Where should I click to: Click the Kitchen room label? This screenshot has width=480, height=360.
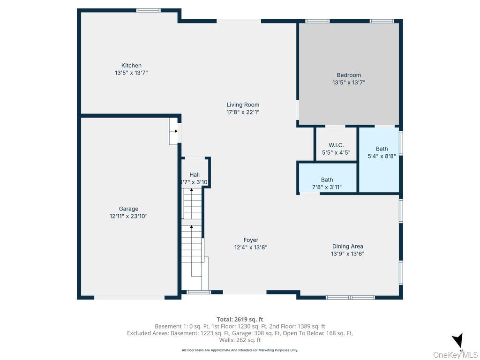tap(131, 66)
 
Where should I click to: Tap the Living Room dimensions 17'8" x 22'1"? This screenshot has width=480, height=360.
tap(243, 112)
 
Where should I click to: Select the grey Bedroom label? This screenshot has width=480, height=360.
tap(349, 75)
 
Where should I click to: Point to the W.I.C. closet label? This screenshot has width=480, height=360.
tap(336, 145)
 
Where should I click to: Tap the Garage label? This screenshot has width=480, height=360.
tap(128, 209)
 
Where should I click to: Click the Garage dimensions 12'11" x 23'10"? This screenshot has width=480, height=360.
tap(128, 216)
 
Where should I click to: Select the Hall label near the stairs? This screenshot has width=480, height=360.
tap(195, 175)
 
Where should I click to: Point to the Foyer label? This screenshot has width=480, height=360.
tap(251, 240)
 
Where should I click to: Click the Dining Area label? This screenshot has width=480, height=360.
tap(348, 247)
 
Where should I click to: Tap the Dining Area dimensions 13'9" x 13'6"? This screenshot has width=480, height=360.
tap(348, 254)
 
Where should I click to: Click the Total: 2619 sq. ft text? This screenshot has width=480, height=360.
tap(240, 320)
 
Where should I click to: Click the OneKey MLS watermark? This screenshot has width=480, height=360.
tap(455, 355)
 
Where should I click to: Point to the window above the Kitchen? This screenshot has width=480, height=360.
tap(149, 10)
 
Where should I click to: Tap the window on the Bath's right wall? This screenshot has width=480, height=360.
tap(401, 142)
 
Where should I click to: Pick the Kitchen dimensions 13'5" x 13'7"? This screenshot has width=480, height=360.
tap(131, 73)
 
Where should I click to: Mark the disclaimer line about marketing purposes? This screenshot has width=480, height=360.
tap(240, 350)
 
